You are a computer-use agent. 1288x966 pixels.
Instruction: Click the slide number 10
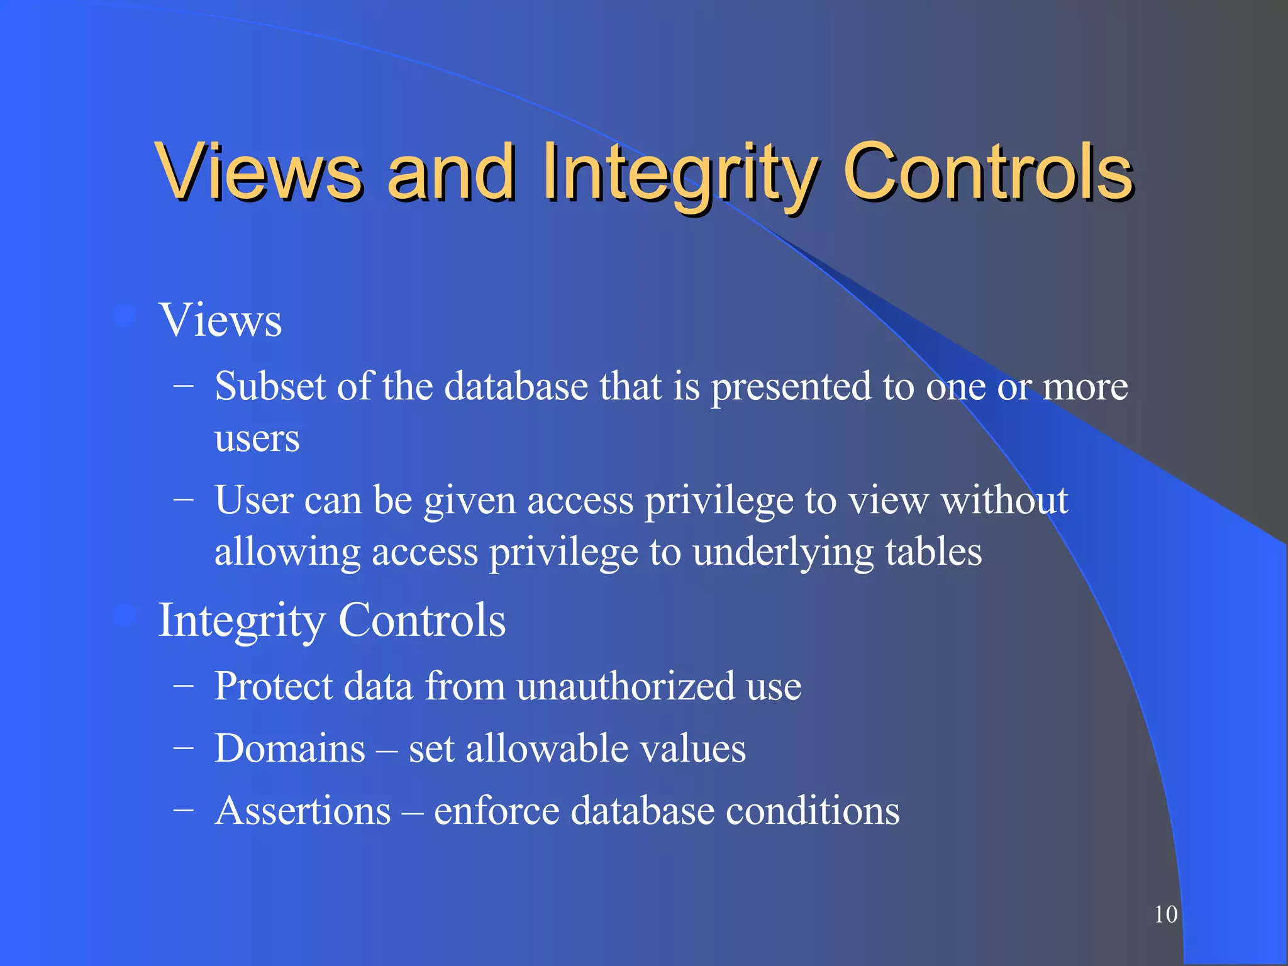pos(1165,914)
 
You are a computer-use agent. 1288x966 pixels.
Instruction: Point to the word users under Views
pos(257,438)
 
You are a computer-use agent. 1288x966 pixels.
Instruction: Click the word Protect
pos(272,686)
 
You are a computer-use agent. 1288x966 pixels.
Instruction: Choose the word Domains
pos(289,748)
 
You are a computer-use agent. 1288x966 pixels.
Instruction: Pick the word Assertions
pos(303,810)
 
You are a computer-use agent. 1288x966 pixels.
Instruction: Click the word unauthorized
pos(626,686)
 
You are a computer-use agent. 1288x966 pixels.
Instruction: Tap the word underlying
pos(783,552)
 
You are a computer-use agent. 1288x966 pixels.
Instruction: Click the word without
pos(1004,501)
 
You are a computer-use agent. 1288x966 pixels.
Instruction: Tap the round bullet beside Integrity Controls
pos(125,616)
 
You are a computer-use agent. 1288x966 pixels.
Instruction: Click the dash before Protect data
pos(183,686)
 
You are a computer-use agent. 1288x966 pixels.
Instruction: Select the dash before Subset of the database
pos(183,386)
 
